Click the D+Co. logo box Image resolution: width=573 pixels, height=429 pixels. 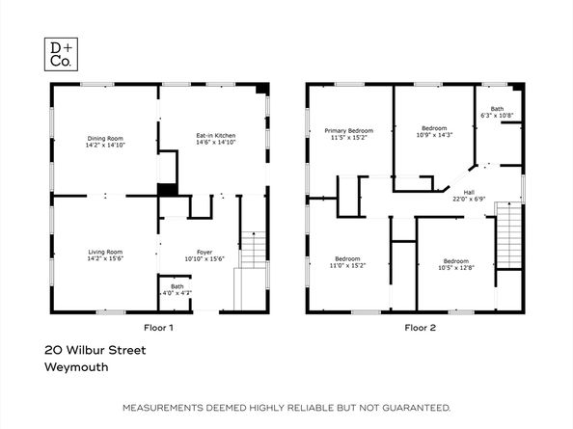[x=61, y=53]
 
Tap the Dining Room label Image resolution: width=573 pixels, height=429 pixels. [x=105, y=138]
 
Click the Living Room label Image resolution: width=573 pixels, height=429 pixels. [x=105, y=253]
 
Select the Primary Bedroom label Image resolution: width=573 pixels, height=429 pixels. [x=348, y=130]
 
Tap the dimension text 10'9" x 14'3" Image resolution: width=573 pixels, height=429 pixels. [x=434, y=135]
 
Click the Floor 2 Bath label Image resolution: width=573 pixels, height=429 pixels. [x=498, y=109]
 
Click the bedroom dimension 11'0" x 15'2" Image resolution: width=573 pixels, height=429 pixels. [x=347, y=264]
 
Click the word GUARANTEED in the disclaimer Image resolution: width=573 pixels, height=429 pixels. [x=416, y=409]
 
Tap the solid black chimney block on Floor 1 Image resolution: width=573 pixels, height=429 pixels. [x=167, y=190]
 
